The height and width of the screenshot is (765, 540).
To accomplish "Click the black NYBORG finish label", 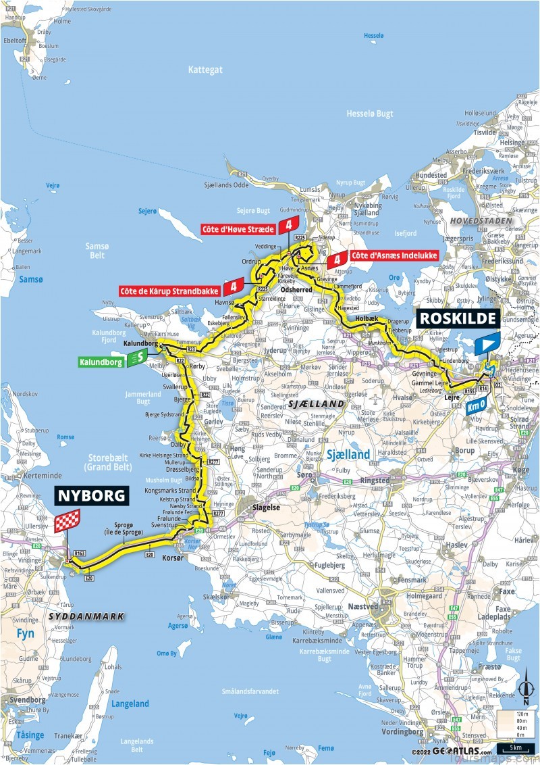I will (92, 495).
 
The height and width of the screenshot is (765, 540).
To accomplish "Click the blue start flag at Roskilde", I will (487, 345).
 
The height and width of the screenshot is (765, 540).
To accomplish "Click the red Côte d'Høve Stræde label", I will (237, 229).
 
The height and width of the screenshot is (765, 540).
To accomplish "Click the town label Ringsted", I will (375, 480).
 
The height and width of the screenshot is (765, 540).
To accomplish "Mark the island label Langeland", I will (130, 704).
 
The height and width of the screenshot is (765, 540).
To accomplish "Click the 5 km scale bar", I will (516, 749).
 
